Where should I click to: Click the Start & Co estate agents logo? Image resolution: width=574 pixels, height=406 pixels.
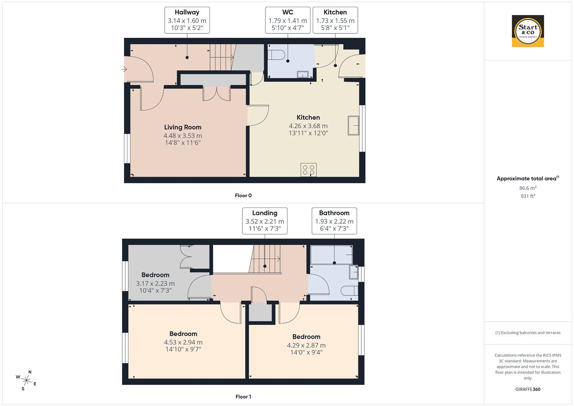pyautogui.click(x=528, y=31)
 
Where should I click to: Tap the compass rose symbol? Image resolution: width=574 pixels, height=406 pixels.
pyautogui.click(x=27, y=380)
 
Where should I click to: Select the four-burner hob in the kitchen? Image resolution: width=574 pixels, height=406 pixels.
pyautogui.click(x=309, y=170)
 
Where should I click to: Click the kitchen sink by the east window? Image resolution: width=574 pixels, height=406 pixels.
pyautogui.click(x=353, y=125)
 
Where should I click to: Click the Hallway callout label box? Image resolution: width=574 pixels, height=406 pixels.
pyautogui.click(x=187, y=20)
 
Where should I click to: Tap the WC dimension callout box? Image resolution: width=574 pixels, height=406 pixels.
pyautogui.click(x=288, y=20)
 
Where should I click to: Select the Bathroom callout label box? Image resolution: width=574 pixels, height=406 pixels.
pyautogui.click(x=334, y=221)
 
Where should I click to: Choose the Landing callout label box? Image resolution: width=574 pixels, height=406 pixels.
pyautogui.click(x=265, y=221)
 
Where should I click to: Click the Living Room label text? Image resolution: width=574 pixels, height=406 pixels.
pyautogui.click(x=183, y=127)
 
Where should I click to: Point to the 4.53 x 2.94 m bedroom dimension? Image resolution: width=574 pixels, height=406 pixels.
pyautogui.click(x=183, y=342)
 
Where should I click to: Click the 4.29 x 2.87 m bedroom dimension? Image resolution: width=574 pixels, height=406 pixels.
pyautogui.click(x=306, y=345)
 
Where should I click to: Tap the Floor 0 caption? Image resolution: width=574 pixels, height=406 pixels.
pyautogui.click(x=243, y=195)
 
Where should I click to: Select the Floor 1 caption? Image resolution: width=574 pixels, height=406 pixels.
pyautogui.click(x=243, y=397)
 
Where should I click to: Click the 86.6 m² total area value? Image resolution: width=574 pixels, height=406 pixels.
pyautogui.click(x=528, y=188)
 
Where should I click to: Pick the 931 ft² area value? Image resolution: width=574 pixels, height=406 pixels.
pyautogui.click(x=528, y=196)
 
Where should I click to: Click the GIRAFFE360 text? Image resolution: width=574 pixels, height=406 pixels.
pyautogui.click(x=528, y=389)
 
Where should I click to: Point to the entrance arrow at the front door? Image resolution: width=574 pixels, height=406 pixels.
pyautogui.click(x=124, y=69)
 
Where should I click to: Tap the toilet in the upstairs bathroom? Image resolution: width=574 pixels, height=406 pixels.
pyautogui.click(x=349, y=291)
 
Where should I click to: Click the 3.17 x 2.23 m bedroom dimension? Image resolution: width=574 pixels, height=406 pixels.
pyautogui.click(x=155, y=284)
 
